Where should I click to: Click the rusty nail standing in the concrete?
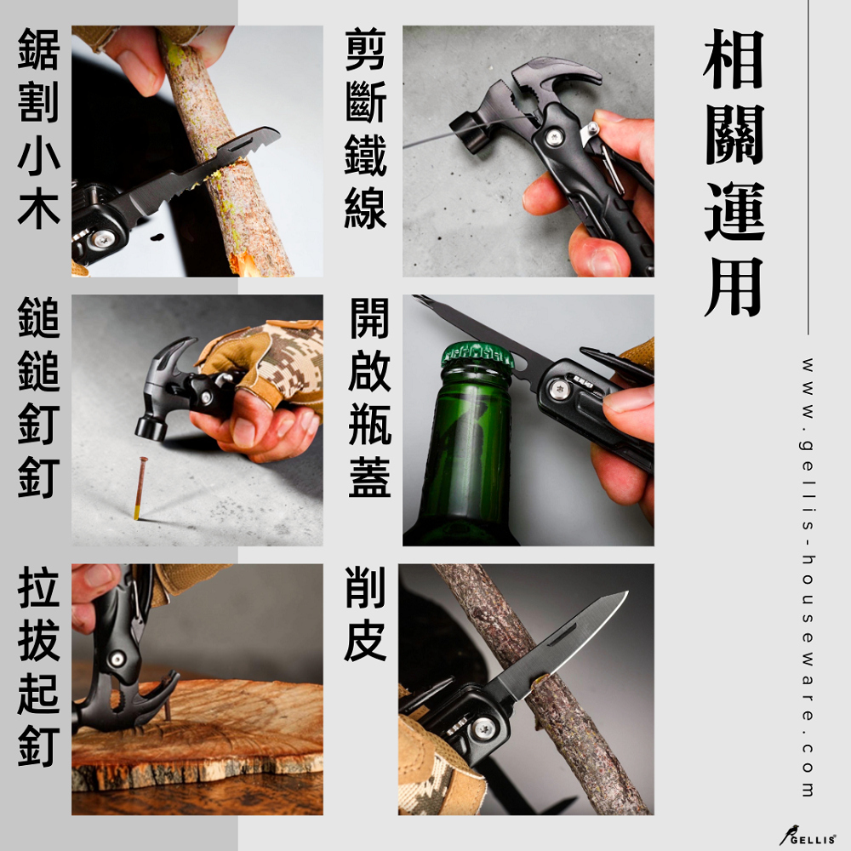tap(140, 488)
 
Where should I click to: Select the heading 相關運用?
tap(734, 173)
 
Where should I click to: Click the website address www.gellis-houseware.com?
tap(807, 577)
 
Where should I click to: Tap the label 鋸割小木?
tap(38, 129)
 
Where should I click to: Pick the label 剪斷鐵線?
tap(365, 129)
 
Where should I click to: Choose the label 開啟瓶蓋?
tap(369, 397)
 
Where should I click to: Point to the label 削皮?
tap(365, 614)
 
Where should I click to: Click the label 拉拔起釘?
tap(38, 666)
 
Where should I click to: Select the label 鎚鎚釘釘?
tap(38, 397)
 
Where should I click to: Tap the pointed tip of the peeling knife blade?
tap(627, 592)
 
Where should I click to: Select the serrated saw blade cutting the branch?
tap(202, 174)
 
